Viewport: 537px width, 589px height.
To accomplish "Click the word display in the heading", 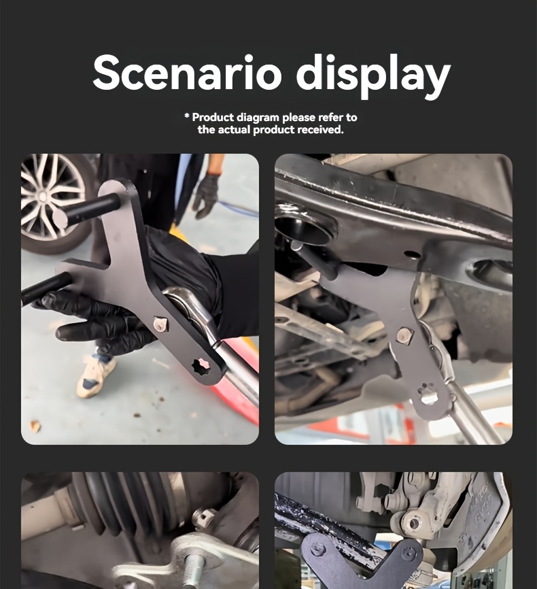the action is point(373,75).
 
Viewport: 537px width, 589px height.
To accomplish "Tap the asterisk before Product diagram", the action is point(187,116).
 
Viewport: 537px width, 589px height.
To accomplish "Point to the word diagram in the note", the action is point(258,118).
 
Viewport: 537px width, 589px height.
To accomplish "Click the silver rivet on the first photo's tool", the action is point(160,324).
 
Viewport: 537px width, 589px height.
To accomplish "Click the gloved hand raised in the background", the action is point(207,196).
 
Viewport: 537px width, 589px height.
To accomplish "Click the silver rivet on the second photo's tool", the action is point(405,335).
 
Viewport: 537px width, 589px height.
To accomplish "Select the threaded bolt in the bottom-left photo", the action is point(195,569).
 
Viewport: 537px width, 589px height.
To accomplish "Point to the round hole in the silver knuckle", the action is point(413,523).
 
